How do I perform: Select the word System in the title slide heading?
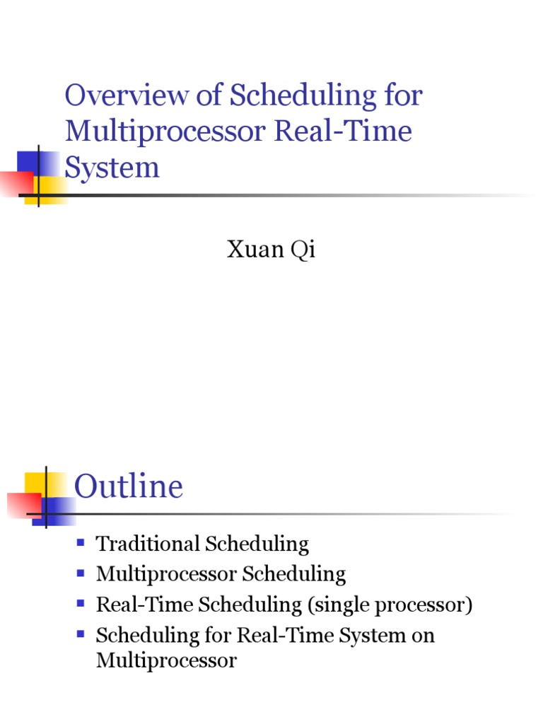click(x=112, y=168)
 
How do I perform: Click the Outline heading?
click(x=129, y=487)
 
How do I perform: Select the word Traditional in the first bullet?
click(x=147, y=544)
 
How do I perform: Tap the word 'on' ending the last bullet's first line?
click(x=424, y=635)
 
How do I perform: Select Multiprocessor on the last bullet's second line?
click(x=166, y=661)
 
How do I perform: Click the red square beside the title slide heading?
click(x=16, y=182)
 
